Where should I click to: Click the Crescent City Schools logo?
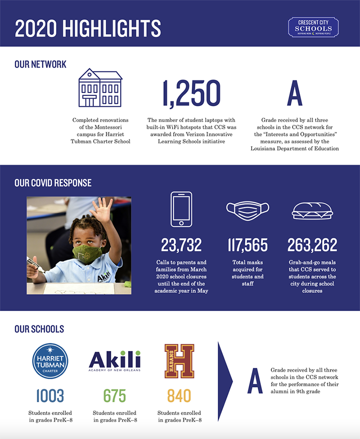tap(313, 27)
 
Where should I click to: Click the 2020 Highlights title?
tap(88, 28)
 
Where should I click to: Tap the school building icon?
tap(100, 87)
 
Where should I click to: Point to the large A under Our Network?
tap(295, 94)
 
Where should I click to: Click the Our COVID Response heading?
tap(53, 183)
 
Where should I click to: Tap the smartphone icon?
tap(181, 209)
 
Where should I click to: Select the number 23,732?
tap(181, 245)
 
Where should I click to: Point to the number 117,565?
tap(247, 245)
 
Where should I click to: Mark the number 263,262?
tap(312, 245)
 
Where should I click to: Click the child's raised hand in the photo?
tap(102, 210)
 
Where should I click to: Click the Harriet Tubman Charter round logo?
tap(50, 361)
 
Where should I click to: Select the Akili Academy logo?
tap(115, 361)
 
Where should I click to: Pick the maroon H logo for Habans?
tap(179, 361)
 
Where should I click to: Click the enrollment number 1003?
tap(50, 396)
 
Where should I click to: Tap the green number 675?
tap(115, 396)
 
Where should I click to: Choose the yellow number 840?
tap(179, 396)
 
